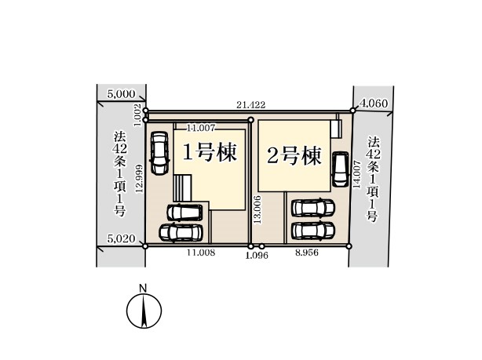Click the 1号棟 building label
tap(210, 153)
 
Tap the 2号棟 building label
tap(294, 156)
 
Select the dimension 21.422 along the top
tap(250, 105)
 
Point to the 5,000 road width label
tap(121, 94)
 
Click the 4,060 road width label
tap(374, 104)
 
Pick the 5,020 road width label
tap(121, 238)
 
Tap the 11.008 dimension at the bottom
tap(201, 253)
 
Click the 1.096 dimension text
tap(257, 255)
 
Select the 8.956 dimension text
tap(306, 253)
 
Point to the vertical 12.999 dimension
tap(139, 179)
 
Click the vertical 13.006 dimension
tap(257, 209)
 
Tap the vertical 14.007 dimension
tap(356, 174)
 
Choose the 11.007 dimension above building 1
tap(201, 128)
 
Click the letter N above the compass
tap(143, 289)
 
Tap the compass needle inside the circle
tap(144, 311)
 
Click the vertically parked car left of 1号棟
tap(159, 153)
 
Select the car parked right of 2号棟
tap(340, 169)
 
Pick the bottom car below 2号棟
tap(313, 231)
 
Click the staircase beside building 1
tap(183, 187)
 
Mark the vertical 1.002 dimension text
tap(138, 115)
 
